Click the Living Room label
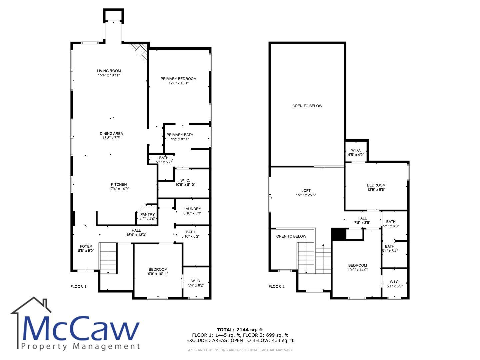coord(109,71)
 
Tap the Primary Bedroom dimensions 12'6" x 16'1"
coord(178,83)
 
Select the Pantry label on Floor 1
coord(147,214)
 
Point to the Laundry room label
coord(192,209)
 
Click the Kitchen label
coord(119,184)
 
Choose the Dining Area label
coord(111,134)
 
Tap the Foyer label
coord(86,246)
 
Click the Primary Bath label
coord(180,135)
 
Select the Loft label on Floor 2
coord(306,191)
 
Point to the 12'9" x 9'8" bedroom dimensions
coord(376,190)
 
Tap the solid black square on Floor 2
coord(339,234)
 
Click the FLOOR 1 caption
coord(78,287)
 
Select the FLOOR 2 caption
coord(277,286)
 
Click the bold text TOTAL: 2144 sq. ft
coord(240,330)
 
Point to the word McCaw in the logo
coord(80,328)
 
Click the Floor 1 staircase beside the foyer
coord(108,258)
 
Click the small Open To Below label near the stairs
coord(291,236)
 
